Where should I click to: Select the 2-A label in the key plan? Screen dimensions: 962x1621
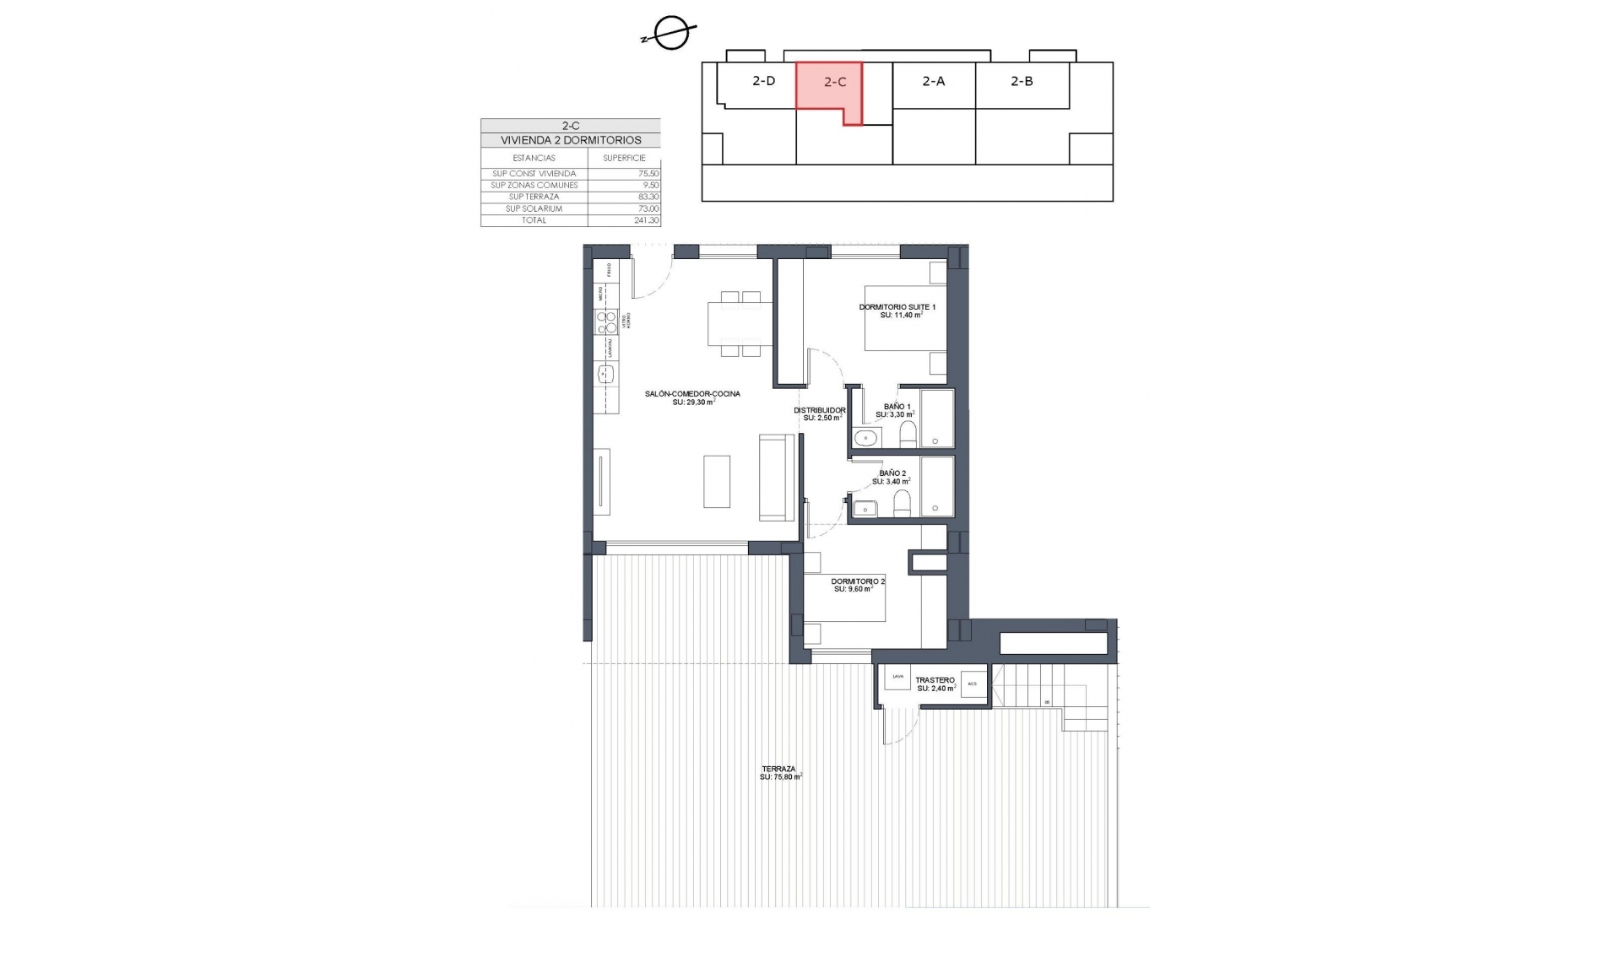point(933,81)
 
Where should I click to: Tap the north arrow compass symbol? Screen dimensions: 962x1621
point(672,35)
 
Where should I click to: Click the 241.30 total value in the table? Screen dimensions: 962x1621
point(646,220)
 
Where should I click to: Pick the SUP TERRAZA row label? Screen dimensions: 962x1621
point(534,197)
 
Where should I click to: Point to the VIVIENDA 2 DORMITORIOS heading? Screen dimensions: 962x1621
point(571,140)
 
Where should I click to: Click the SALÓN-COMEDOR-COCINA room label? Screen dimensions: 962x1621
point(692,394)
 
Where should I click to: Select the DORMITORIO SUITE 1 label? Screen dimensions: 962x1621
point(897,307)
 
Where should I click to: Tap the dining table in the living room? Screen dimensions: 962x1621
point(735,323)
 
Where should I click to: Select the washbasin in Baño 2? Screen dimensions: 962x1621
point(865,508)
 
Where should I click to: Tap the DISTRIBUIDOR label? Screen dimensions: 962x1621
point(819,411)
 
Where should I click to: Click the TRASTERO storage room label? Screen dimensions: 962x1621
point(935,680)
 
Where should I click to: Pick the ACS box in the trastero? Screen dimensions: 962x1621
point(973,684)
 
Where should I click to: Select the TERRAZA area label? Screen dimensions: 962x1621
point(778,769)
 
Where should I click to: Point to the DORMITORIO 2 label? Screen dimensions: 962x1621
point(858,581)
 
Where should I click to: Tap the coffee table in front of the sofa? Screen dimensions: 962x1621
point(717,481)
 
